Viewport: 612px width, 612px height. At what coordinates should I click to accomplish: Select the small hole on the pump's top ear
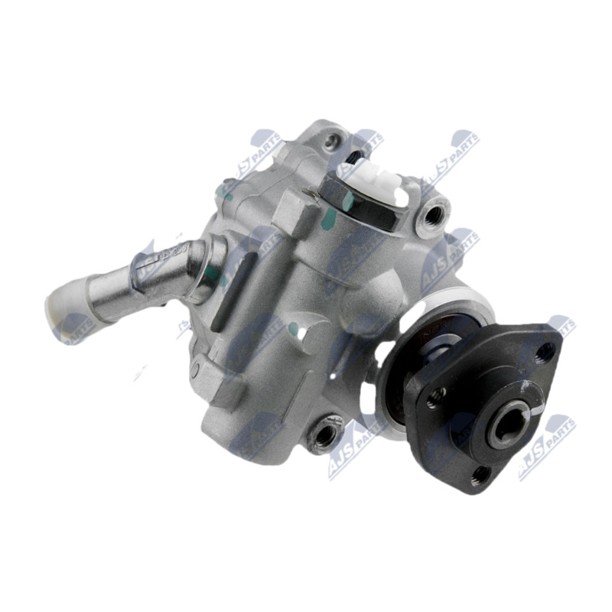pos(331,141)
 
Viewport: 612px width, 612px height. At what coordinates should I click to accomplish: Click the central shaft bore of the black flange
pos(506,422)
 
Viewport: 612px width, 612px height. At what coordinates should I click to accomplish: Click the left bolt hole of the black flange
pos(436,396)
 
